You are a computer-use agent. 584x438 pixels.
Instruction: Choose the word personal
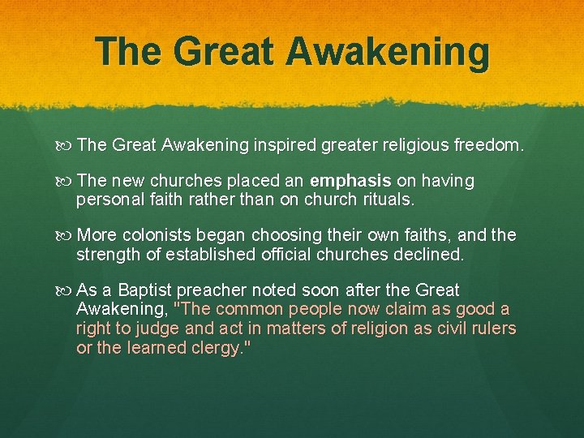tap(105, 198)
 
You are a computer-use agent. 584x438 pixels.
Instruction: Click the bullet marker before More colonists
tap(67, 236)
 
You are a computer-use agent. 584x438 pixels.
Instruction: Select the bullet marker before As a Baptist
tap(67, 290)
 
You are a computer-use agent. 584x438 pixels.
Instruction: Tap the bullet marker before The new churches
tap(67, 180)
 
